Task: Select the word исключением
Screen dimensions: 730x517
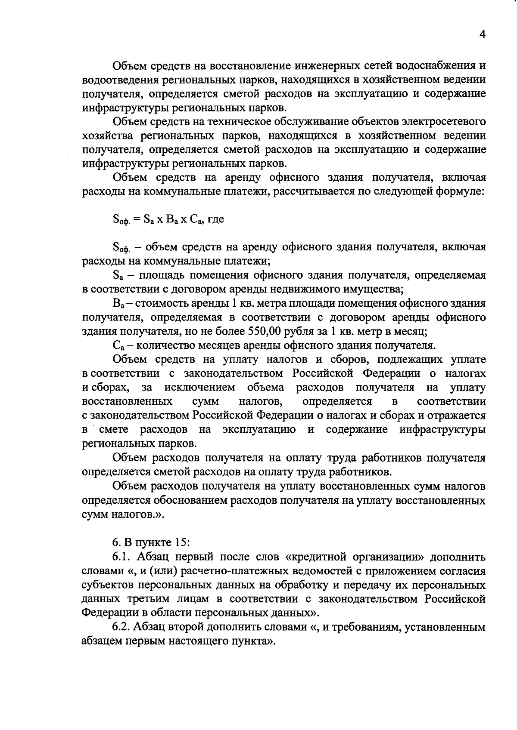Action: [x=200, y=388]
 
